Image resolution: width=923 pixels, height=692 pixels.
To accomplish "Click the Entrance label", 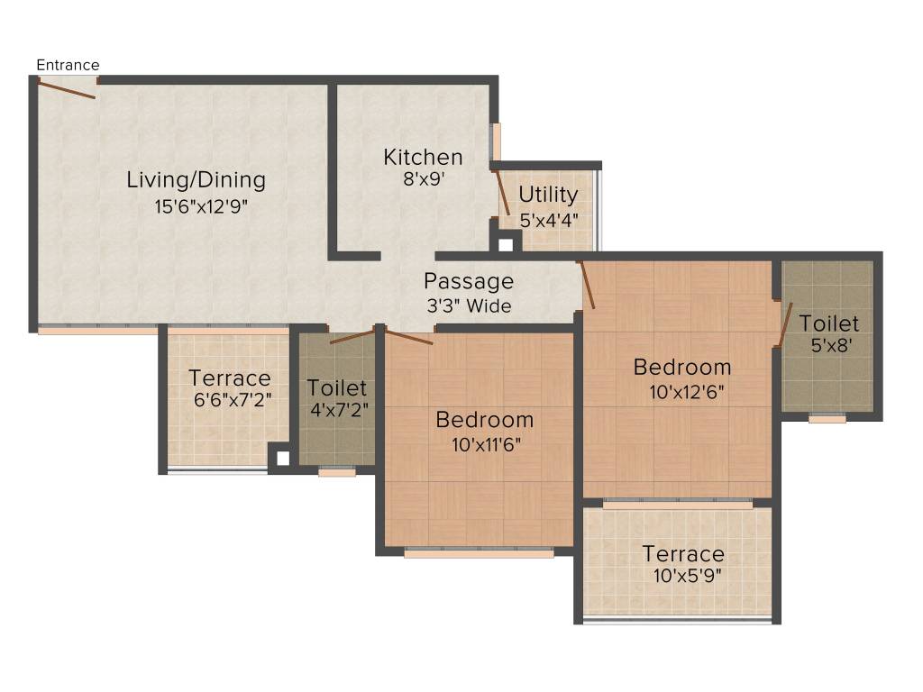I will click(x=68, y=65).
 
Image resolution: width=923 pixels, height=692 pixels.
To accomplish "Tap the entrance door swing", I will click(x=68, y=89).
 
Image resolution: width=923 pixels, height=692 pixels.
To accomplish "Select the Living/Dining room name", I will click(x=196, y=179).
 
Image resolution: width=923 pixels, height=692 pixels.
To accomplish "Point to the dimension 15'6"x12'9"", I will click(x=200, y=206).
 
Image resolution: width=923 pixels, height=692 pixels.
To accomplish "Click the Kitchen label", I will click(x=423, y=157).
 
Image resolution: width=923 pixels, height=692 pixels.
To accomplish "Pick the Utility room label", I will click(x=548, y=195).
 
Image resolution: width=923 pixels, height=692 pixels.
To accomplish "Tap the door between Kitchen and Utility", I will click(x=502, y=191).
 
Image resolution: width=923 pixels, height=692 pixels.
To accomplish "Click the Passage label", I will click(x=469, y=281).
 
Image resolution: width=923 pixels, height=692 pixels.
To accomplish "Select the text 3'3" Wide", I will click(x=469, y=306).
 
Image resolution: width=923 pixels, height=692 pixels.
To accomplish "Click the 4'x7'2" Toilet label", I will click(x=337, y=388).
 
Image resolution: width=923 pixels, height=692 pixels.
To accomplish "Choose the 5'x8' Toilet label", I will click(x=828, y=323).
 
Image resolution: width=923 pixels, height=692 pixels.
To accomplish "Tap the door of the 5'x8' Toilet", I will click(x=784, y=324).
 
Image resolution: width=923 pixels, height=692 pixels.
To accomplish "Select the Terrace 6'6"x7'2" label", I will click(x=229, y=378).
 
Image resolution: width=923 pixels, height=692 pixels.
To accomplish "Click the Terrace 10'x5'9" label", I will click(x=682, y=553).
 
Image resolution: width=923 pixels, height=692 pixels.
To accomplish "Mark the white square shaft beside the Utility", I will click(x=506, y=244).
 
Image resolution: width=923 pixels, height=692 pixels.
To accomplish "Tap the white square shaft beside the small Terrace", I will click(x=283, y=458).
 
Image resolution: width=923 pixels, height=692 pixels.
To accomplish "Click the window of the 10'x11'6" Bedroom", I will click(x=479, y=553).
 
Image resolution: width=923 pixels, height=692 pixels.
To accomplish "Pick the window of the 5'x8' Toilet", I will click(x=827, y=418).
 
